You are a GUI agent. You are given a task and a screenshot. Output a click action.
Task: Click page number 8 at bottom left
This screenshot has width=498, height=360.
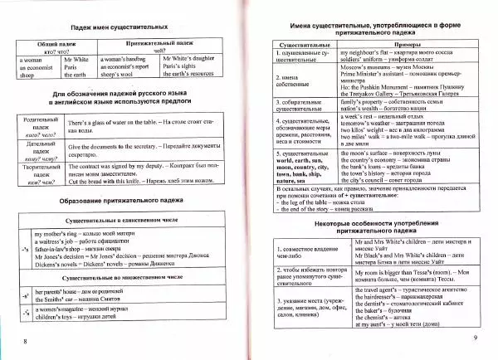point(27,340)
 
